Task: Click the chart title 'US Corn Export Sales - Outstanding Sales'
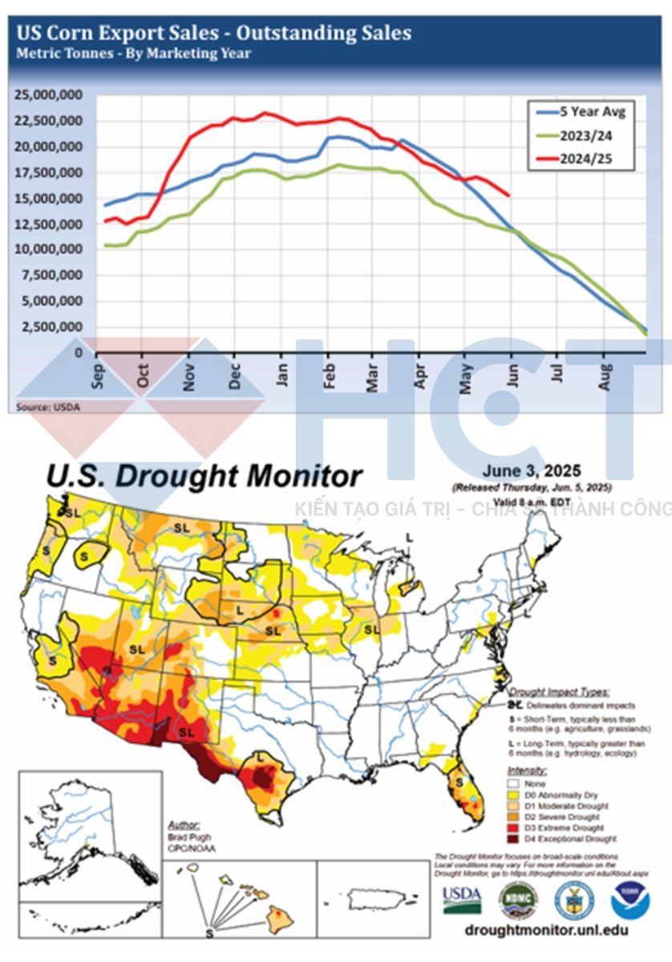[214, 33]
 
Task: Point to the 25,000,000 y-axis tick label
[49, 95]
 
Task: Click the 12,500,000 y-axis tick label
[49, 224]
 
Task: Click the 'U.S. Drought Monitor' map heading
[204, 476]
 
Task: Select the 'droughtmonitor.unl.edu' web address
[546, 931]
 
